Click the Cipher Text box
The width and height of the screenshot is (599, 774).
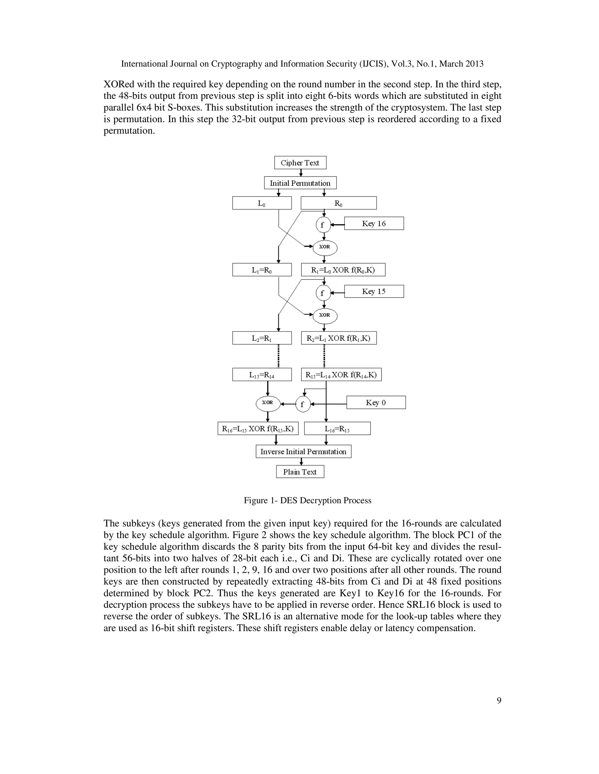(300, 163)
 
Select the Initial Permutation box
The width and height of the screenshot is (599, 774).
(300, 183)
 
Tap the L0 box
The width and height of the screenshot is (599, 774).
(262, 203)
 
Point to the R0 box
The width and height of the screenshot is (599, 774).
(338, 203)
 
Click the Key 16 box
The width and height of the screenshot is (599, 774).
(374, 223)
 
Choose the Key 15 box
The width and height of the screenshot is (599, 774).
(374, 291)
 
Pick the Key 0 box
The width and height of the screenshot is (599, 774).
(376, 402)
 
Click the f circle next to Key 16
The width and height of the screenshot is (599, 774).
(323, 224)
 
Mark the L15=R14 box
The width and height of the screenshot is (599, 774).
(262, 375)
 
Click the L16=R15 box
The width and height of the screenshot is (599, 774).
(337, 428)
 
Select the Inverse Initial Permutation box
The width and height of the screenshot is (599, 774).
(303, 452)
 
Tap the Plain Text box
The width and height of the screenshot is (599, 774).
(300, 472)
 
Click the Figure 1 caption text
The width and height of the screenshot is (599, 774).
(307, 500)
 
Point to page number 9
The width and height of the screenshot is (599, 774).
(499, 700)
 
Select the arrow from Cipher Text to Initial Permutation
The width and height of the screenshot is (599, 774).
(301, 173)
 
